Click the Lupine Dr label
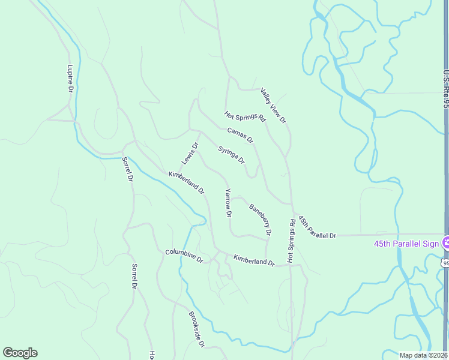[x=70, y=78]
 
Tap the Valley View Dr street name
[x=273, y=106]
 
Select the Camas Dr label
[x=240, y=135]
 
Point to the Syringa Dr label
[x=231, y=155]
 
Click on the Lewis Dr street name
[x=190, y=154]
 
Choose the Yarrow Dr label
[x=228, y=202]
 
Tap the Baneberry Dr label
[x=261, y=219]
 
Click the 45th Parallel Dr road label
[x=317, y=229]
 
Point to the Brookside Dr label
[x=197, y=329]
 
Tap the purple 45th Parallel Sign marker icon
[x=445, y=243]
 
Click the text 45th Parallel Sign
[x=406, y=244]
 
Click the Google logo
[x=20, y=353]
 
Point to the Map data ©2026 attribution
[x=423, y=355]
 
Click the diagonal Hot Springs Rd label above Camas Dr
[x=245, y=116]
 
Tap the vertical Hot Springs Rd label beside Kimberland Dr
[x=291, y=240]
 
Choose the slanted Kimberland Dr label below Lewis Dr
[x=187, y=183]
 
